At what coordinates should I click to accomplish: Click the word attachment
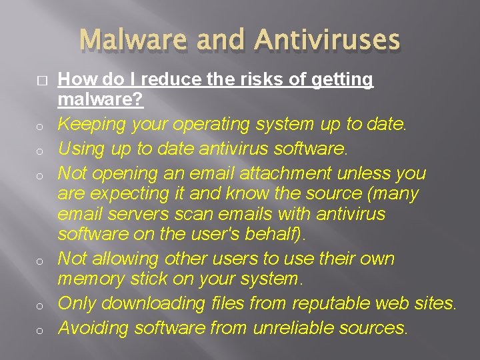[x=276, y=173]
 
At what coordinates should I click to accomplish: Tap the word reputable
[x=333, y=303]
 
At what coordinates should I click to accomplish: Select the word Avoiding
[x=93, y=327]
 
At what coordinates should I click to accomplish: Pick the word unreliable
[x=294, y=327]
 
